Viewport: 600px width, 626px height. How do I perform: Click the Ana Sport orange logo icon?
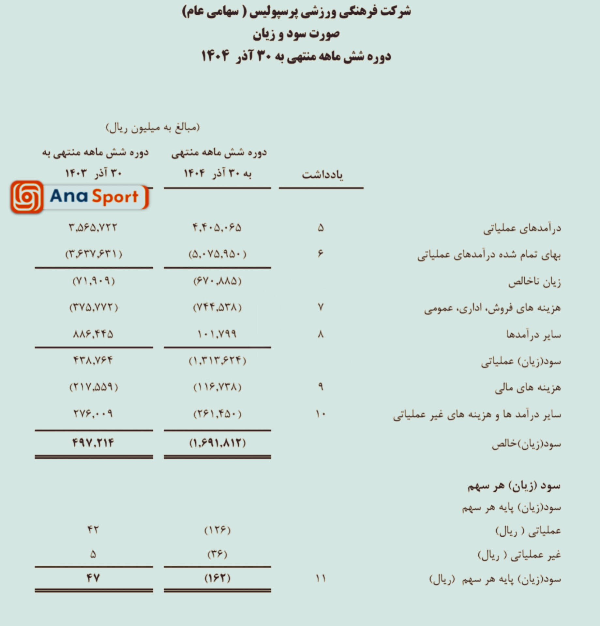27,197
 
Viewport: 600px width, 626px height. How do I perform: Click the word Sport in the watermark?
115,197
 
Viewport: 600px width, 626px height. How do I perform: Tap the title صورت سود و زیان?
296,34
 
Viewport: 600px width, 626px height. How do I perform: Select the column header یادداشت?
322,175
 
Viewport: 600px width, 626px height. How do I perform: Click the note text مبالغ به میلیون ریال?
153,127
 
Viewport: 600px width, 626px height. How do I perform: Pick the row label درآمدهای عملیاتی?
522,228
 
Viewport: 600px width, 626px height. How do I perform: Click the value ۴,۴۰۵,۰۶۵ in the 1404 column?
217,227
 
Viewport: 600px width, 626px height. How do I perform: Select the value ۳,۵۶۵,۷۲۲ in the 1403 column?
93,227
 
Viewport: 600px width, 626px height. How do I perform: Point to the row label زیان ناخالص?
534,281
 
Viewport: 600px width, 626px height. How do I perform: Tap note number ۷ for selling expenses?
321,307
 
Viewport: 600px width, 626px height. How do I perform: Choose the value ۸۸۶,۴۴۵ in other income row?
93,334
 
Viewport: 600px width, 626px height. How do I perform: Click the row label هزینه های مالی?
528,387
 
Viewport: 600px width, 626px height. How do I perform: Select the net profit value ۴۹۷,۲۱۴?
93,443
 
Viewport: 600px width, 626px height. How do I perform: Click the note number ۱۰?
321,414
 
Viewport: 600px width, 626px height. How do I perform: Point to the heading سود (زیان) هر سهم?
514,486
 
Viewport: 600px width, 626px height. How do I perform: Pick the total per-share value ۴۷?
93,578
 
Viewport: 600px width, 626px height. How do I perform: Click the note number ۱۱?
321,578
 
